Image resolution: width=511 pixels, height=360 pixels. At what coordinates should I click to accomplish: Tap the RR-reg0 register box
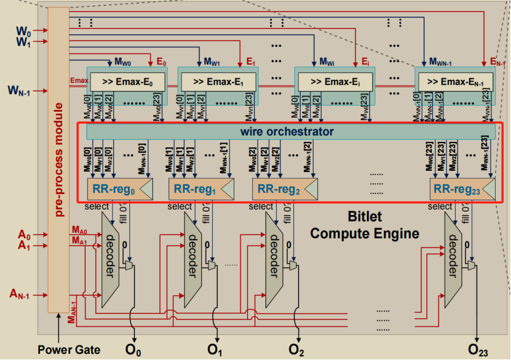(x=120, y=189)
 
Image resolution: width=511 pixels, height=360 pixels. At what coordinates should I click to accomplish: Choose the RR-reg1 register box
(x=200, y=189)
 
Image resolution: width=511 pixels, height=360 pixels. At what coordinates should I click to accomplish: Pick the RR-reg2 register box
(x=283, y=189)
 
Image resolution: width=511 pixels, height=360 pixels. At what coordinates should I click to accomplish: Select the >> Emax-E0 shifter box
(x=129, y=82)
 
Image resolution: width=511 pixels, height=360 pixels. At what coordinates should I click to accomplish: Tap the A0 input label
(x=24, y=235)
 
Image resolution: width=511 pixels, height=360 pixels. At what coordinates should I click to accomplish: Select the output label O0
(x=133, y=350)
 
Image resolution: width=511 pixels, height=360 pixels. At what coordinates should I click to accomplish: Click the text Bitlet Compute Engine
(x=364, y=225)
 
